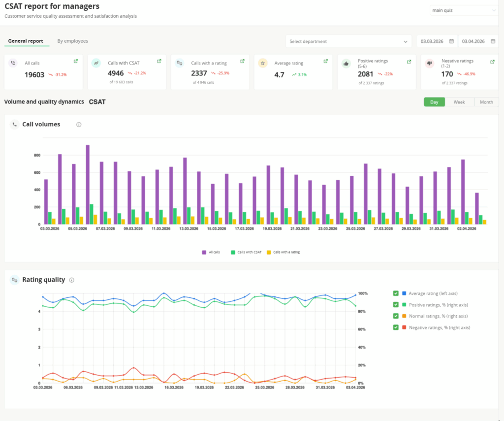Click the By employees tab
point(73,41)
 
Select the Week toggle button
point(459,102)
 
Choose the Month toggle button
point(486,102)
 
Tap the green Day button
point(434,102)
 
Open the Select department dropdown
point(348,41)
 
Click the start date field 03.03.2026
point(437,41)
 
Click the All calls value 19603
point(34,75)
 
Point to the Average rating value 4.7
point(280,75)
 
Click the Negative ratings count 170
point(447,74)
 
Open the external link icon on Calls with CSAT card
point(159,61)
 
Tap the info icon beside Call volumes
point(79,125)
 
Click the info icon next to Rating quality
point(72,280)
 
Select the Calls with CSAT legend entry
point(246,252)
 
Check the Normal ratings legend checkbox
point(396,316)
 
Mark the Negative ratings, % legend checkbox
point(396,327)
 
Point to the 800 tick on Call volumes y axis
point(37,155)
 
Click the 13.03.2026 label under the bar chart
point(189,228)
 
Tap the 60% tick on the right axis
point(362,329)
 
